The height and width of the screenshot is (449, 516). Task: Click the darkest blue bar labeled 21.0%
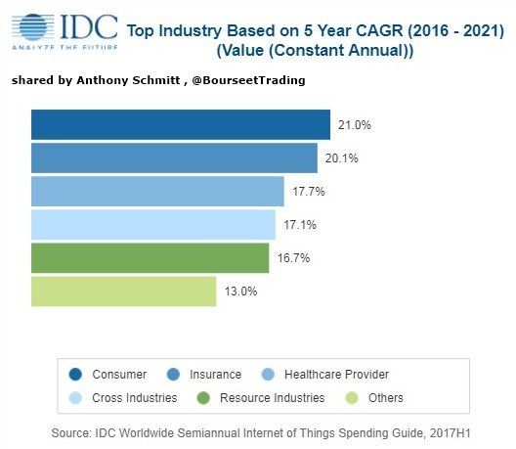(181, 124)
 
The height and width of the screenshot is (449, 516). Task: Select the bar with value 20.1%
(174, 157)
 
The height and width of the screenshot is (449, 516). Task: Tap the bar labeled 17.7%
(157, 191)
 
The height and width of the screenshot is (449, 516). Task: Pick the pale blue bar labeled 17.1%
(153, 224)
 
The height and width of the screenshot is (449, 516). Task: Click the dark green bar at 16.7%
(150, 257)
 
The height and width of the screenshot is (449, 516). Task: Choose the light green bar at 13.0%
(123, 291)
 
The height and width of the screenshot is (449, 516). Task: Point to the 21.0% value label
(354, 125)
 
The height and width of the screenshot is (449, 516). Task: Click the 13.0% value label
(240, 292)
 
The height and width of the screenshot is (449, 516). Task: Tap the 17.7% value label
(308, 192)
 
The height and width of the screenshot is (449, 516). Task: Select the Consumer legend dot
(75, 374)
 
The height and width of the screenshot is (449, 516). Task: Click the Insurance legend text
(215, 374)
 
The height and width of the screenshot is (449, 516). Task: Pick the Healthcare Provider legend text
(336, 374)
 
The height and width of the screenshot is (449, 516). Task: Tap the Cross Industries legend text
(135, 397)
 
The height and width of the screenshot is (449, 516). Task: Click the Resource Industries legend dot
(205, 397)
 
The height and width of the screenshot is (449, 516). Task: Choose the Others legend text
(386, 397)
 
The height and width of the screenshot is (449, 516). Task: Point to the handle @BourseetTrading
(251, 80)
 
